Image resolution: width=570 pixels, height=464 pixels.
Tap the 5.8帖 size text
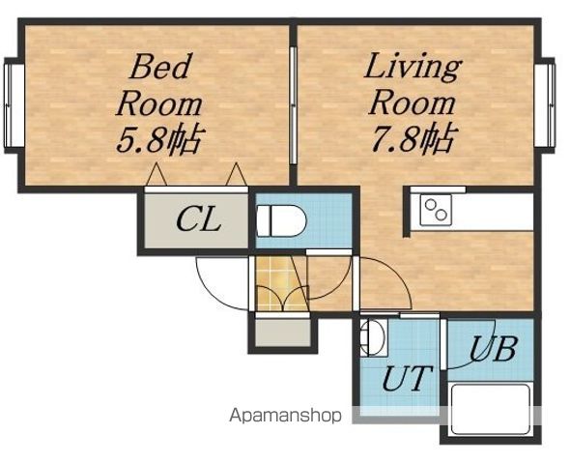[x=158, y=139]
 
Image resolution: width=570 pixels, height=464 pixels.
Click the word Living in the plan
[x=413, y=68]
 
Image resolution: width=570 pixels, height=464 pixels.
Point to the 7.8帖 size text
[x=412, y=138]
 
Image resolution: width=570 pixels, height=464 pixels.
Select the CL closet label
[x=198, y=219]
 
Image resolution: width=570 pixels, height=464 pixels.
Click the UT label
[x=408, y=378]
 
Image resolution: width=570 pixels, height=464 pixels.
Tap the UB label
[x=493, y=349]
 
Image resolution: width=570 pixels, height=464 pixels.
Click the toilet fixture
[x=281, y=221]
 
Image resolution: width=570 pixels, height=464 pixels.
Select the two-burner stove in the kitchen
[x=436, y=210]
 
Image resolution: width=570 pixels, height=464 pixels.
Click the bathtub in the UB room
[x=491, y=409]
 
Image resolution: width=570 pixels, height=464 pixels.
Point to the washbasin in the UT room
[x=373, y=337]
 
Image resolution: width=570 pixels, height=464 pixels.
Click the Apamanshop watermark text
[x=285, y=416]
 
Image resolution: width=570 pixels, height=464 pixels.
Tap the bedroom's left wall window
[x=14, y=105]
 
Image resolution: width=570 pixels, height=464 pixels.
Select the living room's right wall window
[x=545, y=105]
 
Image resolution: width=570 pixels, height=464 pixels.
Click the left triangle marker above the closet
[x=157, y=175]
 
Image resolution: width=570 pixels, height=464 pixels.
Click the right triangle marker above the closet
[x=237, y=175]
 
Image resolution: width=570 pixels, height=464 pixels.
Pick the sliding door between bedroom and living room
[x=294, y=105]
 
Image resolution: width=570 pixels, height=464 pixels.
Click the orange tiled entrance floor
[x=277, y=284]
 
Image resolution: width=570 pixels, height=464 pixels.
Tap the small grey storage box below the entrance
[x=283, y=333]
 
